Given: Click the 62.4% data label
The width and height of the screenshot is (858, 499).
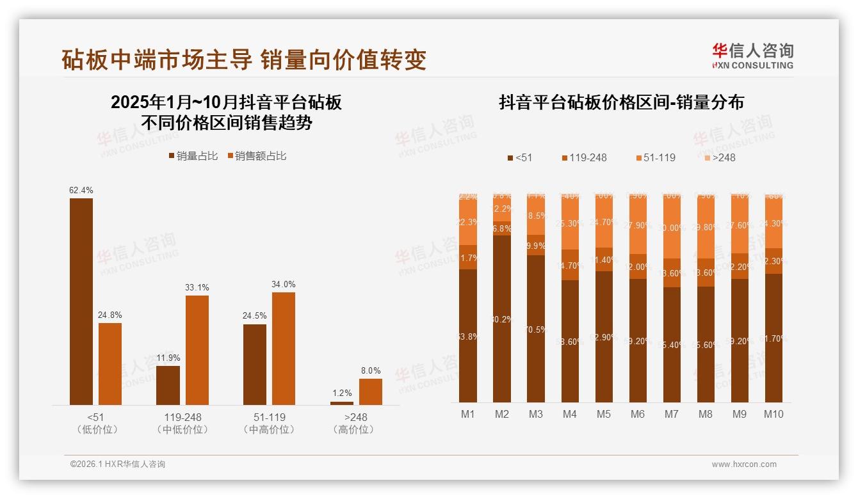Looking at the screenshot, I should click(x=81, y=190).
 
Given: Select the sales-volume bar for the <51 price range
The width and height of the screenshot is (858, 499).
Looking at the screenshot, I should click(x=81, y=301).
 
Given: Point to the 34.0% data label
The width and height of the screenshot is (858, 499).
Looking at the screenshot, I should click(x=283, y=284).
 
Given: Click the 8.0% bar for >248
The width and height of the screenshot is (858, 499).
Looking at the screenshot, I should click(x=370, y=392).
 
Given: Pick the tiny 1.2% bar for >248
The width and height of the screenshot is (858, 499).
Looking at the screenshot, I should click(x=342, y=402).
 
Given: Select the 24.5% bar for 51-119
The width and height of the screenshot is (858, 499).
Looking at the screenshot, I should click(x=255, y=364).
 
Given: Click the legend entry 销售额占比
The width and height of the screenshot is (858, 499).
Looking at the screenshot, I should click(x=257, y=156).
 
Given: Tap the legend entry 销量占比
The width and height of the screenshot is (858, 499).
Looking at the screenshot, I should click(x=193, y=156).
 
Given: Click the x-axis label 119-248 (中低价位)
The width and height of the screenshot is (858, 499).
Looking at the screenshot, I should click(x=182, y=423).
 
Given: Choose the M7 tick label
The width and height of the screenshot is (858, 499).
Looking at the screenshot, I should click(x=671, y=414).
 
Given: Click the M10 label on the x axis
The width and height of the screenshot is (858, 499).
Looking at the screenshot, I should click(x=773, y=414).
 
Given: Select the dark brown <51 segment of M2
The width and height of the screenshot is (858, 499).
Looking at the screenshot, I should click(x=502, y=319).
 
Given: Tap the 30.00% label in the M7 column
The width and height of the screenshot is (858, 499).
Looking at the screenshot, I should click(x=672, y=228).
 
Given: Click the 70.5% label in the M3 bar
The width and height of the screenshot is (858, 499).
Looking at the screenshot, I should click(x=536, y=329).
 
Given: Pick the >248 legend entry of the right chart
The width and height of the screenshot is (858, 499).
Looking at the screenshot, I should click(x=720, y=157).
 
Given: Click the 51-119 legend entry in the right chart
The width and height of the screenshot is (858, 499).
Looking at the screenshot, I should click(x=655, y=157).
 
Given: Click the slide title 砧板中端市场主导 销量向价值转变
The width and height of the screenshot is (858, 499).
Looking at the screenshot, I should click(x=244, y=59).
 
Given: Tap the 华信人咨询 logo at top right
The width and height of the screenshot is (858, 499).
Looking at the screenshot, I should click(x=752, y=56).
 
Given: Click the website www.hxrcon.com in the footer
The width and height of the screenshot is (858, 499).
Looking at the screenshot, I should click(x=743, y=464).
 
